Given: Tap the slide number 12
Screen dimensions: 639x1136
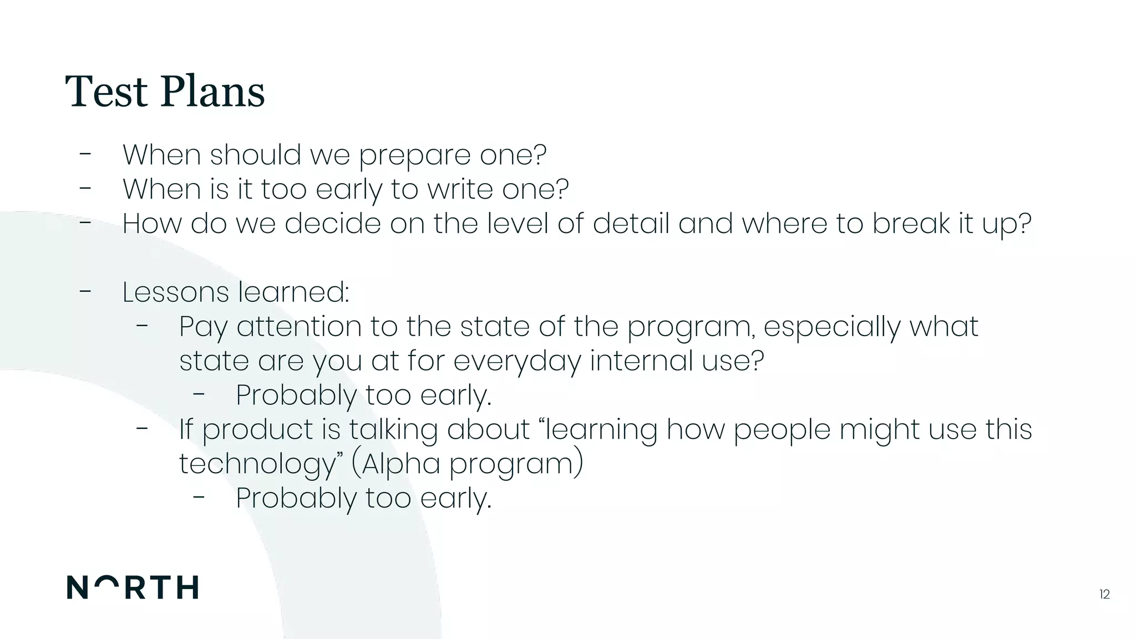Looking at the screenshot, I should tap(1104, 595).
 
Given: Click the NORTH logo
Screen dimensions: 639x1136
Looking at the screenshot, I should tap(133, 587).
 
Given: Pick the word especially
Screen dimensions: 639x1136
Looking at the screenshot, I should tap(831, 327).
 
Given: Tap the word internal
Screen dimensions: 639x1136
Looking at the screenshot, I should tap(641, 361).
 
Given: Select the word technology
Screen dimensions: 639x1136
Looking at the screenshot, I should tap(257, 464).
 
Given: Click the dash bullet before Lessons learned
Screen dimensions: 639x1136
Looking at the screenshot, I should tap(85, 291).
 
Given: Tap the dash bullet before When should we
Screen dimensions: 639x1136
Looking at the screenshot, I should tap(85, 154).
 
